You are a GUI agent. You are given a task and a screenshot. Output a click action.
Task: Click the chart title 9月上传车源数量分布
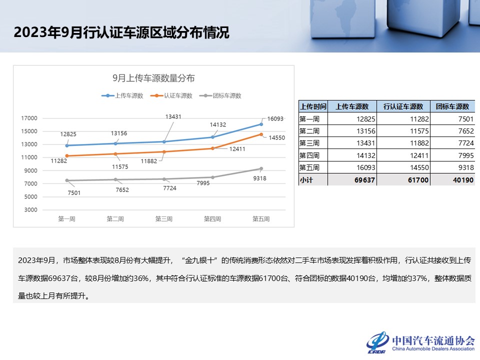click(x=153, y=78)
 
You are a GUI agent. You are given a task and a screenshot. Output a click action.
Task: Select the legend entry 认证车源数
click(x=178, y=95)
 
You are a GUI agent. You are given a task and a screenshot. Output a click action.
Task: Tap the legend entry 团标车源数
click(x=226, y=95)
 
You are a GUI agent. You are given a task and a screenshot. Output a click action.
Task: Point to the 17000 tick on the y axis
click(x=29, y=118)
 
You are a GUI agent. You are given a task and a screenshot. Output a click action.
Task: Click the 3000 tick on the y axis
click(x=29, y=209)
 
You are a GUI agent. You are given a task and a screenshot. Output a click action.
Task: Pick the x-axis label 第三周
click(x=164, y=219)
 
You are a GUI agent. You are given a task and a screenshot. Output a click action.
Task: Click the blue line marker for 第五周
click(x=261, y=124)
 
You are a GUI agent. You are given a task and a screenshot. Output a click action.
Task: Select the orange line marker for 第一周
click(x=66, y=156)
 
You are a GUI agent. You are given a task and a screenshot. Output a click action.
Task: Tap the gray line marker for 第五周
click(x=261, y=168)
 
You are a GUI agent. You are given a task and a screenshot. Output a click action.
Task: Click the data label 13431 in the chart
click(x=173, y=116)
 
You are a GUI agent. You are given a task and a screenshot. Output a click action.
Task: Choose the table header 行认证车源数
click(x=403, y=106)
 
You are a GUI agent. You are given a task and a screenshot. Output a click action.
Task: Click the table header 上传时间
click(x=313, y=106)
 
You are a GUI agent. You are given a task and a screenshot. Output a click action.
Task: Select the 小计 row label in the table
click(x=306, y=179)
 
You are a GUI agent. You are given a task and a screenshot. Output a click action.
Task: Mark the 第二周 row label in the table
click(x=309, y=131)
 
